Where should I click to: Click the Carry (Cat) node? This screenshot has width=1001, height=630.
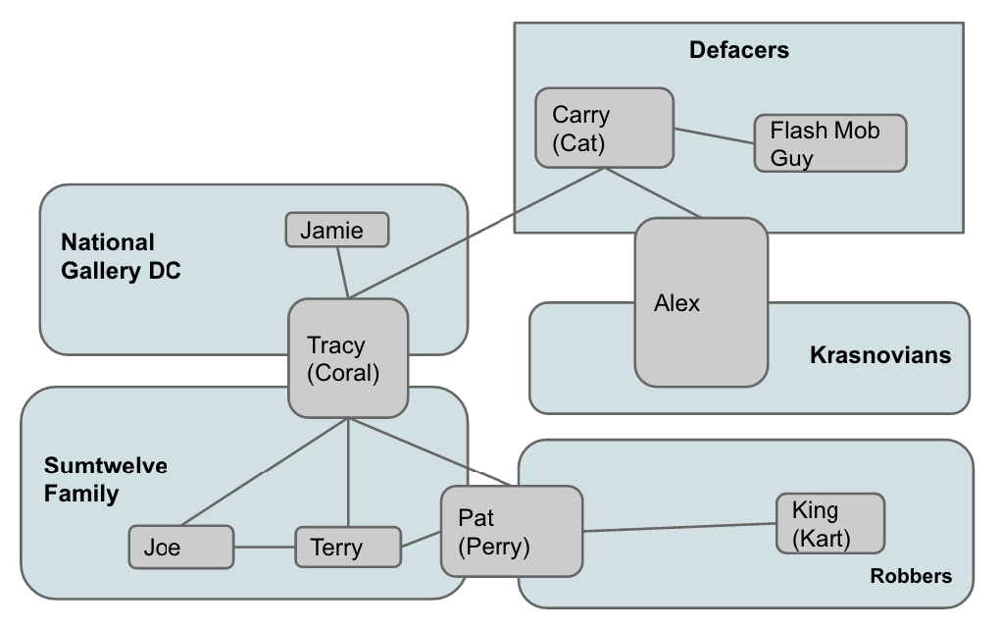click(604, 128)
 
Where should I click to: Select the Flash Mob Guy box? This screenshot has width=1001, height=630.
click(829, 143)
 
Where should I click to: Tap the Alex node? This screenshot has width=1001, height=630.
click(700, 301)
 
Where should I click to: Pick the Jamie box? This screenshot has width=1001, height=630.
click(337, 230)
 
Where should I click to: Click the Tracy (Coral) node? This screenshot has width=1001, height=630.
click(347, 357)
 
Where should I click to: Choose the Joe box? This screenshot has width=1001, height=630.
click(181, 547)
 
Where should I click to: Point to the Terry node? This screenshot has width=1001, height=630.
click(348, 547)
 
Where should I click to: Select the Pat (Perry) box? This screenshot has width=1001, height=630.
click(510, 531)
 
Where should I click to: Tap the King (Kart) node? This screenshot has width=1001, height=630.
click(829, 524)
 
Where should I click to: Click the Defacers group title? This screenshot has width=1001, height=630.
click(738, 50)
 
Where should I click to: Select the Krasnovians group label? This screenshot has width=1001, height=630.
click(879, 354)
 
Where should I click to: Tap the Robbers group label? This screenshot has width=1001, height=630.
click(910, 576)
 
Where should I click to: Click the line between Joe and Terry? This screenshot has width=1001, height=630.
click(265, 547)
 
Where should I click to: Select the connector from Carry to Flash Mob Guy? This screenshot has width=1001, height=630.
click(714, 136)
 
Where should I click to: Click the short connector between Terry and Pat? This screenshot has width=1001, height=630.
click(421, 540)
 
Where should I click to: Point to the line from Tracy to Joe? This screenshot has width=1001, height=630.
click(265, 471)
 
